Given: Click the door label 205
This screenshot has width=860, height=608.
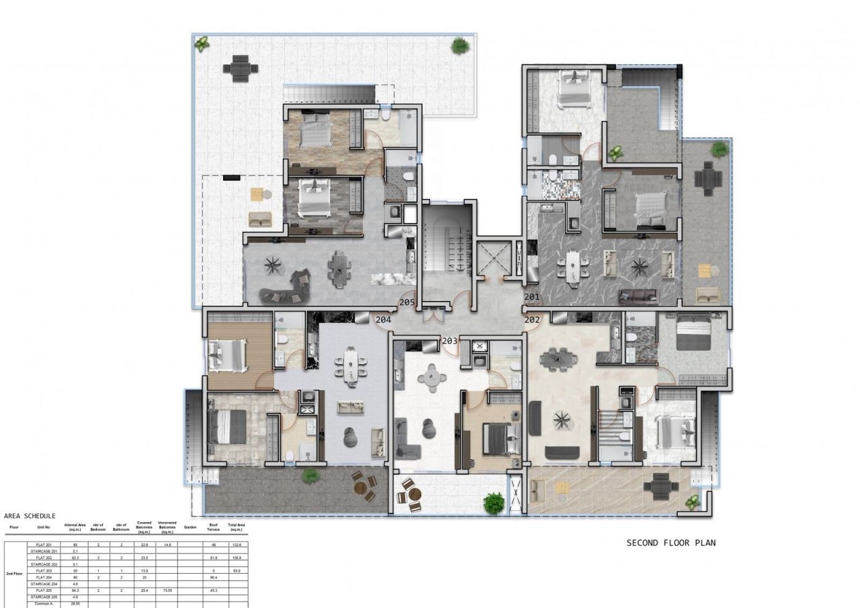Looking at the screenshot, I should coord(406,303).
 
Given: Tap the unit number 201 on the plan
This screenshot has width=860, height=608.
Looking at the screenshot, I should coord(531,296).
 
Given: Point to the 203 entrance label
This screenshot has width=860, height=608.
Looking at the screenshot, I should coord(449,341).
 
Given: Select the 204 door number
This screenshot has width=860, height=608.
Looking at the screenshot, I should coord(383,320).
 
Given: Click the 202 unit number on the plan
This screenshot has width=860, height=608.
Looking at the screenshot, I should coord(532,320).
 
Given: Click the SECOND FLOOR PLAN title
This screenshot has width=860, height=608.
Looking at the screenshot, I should coord(671,543).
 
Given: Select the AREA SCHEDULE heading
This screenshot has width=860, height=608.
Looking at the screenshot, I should coord(30,516).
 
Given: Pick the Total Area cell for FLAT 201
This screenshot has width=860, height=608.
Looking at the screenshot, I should coord(236,545).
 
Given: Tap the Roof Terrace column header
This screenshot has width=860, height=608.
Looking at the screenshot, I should coord(213,527).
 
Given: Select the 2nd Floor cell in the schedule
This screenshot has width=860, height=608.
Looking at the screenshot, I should coord(14,574).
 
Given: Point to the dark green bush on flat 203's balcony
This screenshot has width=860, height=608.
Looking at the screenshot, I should coord(494,502).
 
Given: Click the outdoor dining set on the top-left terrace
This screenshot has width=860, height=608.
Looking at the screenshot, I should coord(241,67).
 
